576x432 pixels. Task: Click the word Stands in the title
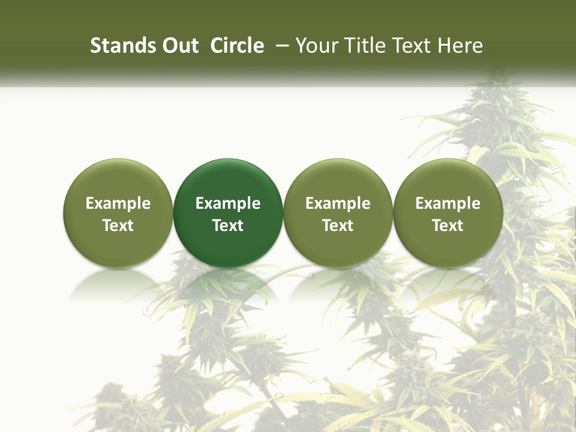122,46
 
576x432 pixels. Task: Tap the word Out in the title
179,46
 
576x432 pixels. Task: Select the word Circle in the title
237,46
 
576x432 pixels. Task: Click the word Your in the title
316,46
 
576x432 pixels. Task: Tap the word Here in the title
461,46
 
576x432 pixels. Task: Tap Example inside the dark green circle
228,203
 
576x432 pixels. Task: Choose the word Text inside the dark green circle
228,226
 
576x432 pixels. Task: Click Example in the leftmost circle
118,203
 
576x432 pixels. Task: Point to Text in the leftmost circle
118,226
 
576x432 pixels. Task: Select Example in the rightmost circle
448,203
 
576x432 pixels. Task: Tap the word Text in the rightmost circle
448,226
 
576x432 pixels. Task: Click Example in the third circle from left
338,203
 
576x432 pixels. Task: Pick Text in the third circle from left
338,226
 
